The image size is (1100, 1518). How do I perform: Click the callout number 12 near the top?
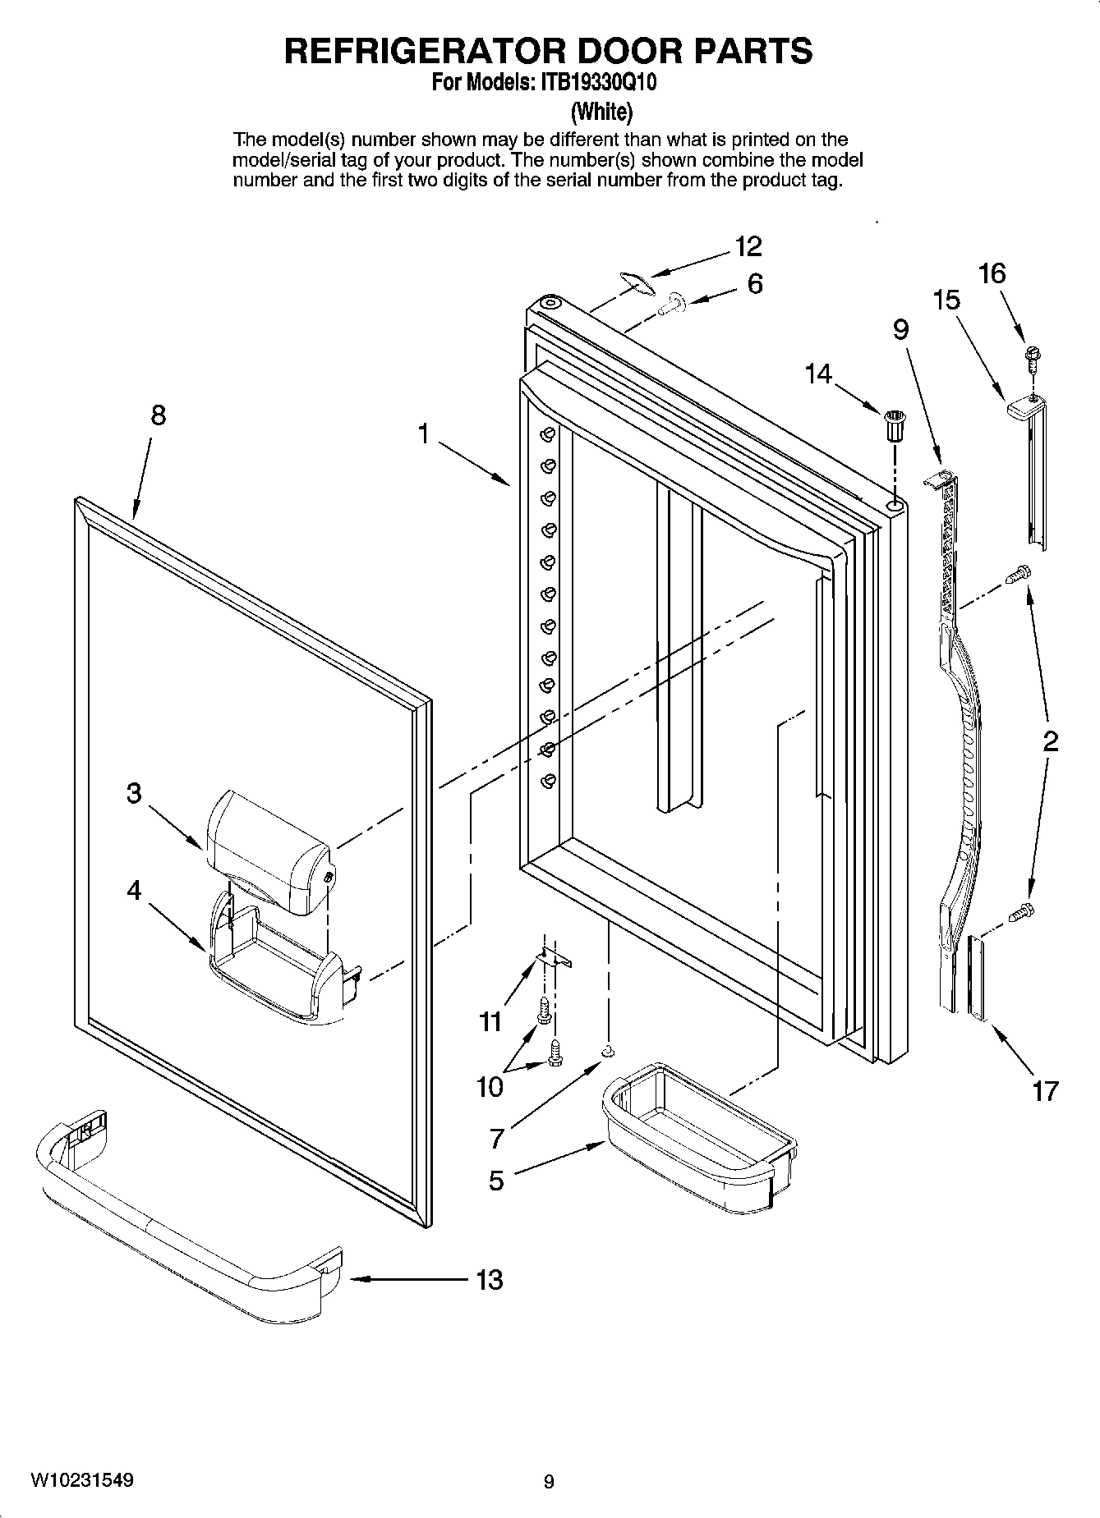[x=748, y=245]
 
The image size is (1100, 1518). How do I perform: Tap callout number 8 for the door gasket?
[x=158, y=415]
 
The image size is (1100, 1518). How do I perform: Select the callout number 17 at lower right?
[x=1045, y=1091]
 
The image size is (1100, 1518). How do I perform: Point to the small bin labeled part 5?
[x=698, y=1137]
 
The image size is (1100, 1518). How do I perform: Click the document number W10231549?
[x=82, y=1480]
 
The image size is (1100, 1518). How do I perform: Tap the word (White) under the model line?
[x=601, y=112]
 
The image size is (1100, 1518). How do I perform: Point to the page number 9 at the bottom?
[x=549, y=1482]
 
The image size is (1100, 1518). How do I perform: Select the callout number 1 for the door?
[x=424, y=433]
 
